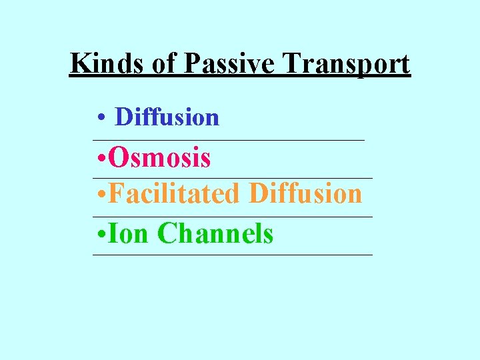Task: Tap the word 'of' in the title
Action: tap(164, 64)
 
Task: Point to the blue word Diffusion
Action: tap(167, 117)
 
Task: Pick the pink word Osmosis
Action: tap(160, 159)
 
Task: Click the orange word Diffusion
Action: tap(305, 194)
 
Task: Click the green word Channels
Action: tap(215, 233)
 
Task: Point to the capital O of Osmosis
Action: tap(118, 159)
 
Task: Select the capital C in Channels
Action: tap(167, 233)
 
